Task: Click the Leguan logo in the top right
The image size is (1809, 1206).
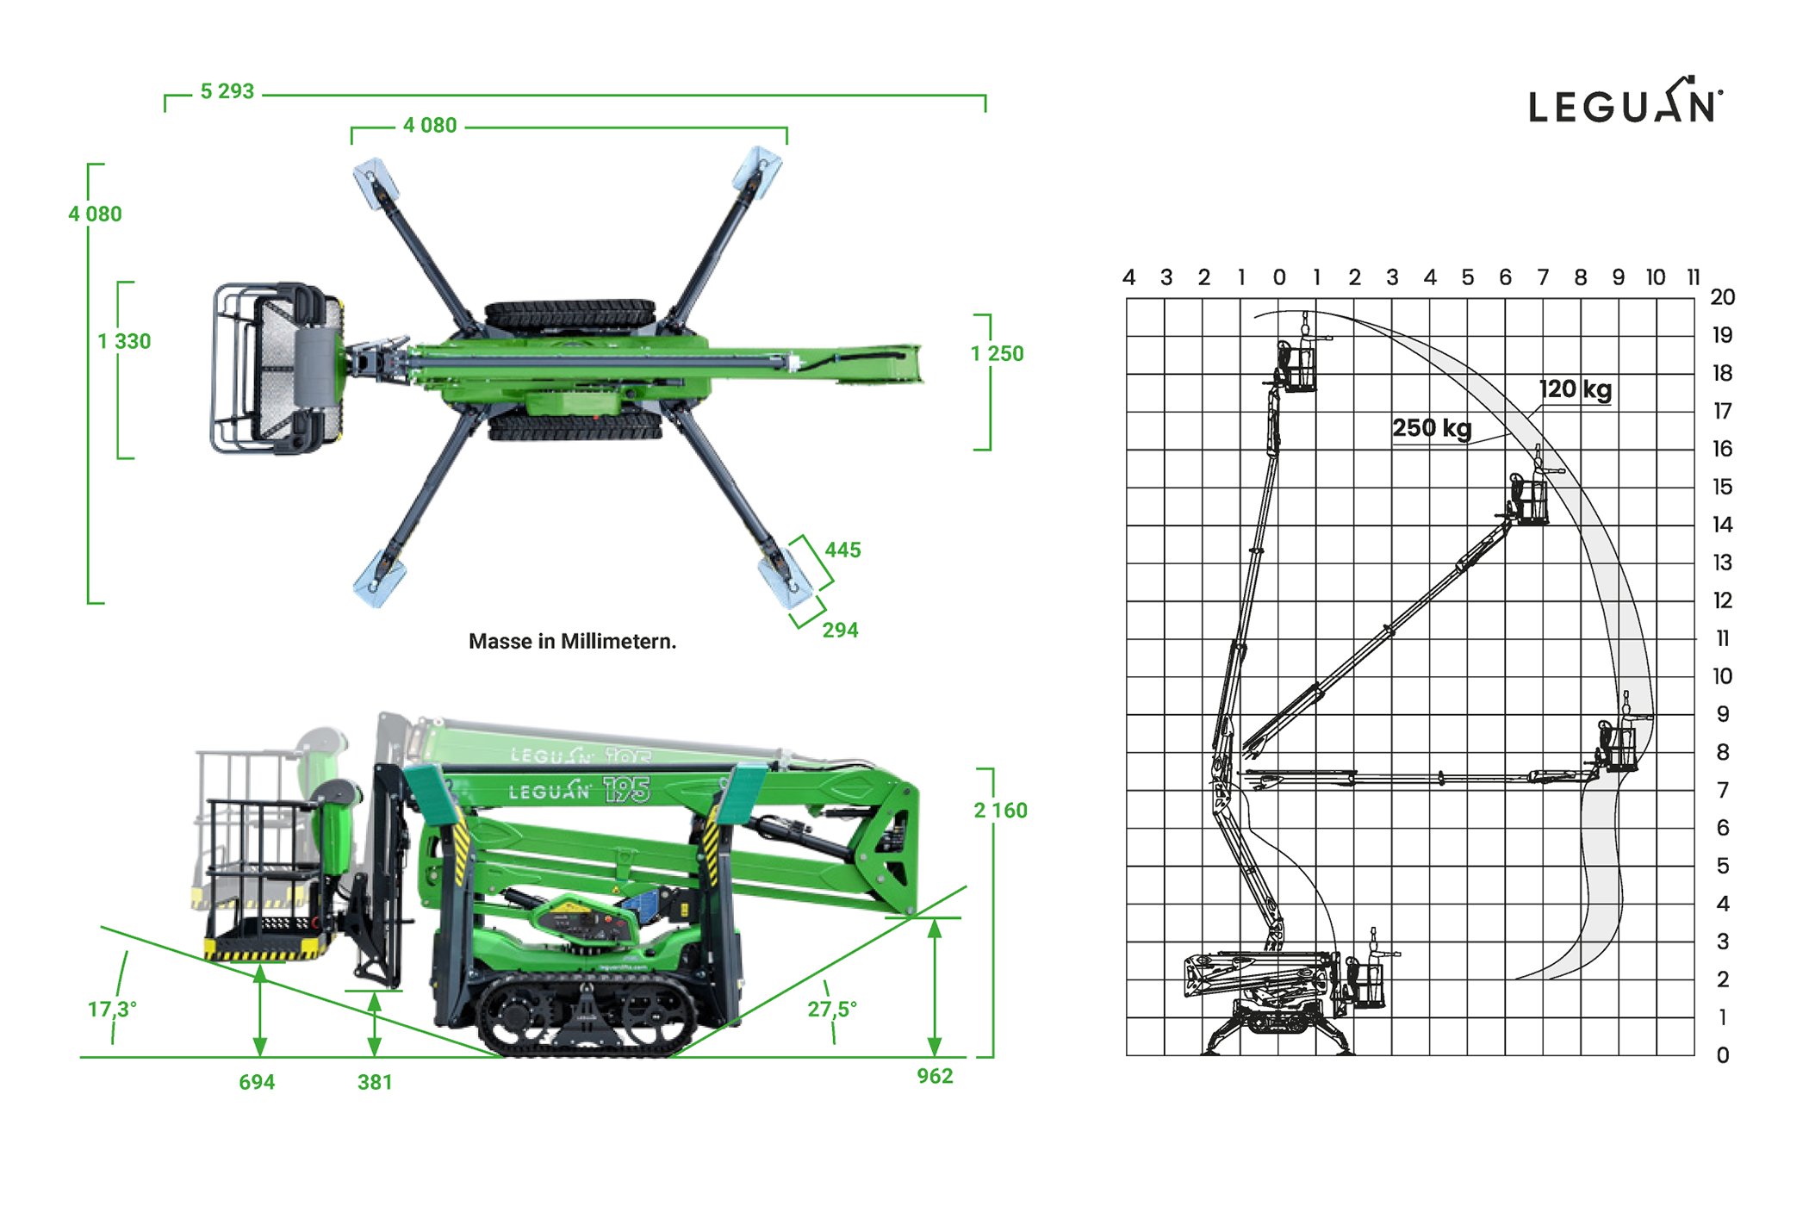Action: coord(1626,101)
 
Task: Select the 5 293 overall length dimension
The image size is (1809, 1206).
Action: coord(227,91)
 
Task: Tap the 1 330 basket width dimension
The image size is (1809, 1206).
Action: coord(124,342)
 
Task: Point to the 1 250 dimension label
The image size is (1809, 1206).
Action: coord(997,354)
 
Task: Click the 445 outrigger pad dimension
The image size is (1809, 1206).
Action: coord(842,550)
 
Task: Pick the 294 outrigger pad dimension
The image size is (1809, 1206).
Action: coord(840,631)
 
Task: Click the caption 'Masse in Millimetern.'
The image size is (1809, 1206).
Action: coord(572,642)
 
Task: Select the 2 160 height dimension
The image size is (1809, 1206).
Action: coord(1000,811)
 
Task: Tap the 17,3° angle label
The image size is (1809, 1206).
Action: coord(112,1009)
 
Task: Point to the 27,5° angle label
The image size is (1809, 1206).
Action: coord(832,1009)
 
